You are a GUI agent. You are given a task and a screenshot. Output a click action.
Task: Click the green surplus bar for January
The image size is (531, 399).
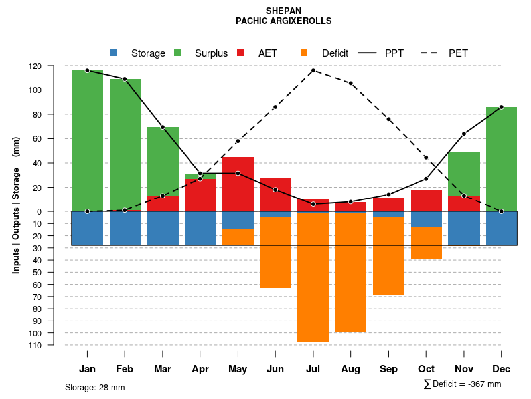(x=87, y=140)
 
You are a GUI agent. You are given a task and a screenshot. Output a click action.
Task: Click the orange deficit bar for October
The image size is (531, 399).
(x=426, y=243)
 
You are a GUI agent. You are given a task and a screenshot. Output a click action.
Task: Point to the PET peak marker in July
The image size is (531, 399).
(x=313, y=70)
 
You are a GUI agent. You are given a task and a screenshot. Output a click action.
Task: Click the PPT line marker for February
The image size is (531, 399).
(x=125, y=79)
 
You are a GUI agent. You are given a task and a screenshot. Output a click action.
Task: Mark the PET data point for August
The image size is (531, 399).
(x=351, y=83)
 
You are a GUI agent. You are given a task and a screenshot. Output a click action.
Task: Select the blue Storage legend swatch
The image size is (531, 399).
(x=114, y=53)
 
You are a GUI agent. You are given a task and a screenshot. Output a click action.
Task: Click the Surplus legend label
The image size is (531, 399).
(x=211, y=53)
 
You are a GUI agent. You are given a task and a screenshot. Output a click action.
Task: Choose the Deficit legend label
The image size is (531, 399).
(x=335, y=53)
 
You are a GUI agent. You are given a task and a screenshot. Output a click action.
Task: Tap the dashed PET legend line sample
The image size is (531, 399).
(x=432, y=53)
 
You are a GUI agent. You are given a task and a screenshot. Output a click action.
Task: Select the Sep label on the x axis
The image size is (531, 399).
(x=388, y=369)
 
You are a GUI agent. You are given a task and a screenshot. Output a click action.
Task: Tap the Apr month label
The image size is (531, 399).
(x=200, y=369)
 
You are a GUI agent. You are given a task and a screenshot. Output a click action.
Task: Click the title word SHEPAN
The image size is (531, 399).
(x=283, y=11)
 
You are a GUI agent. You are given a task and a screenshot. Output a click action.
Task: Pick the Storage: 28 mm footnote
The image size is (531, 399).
(x=95, y=387)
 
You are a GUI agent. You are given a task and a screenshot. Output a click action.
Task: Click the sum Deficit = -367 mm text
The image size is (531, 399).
(x=463, y=384)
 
